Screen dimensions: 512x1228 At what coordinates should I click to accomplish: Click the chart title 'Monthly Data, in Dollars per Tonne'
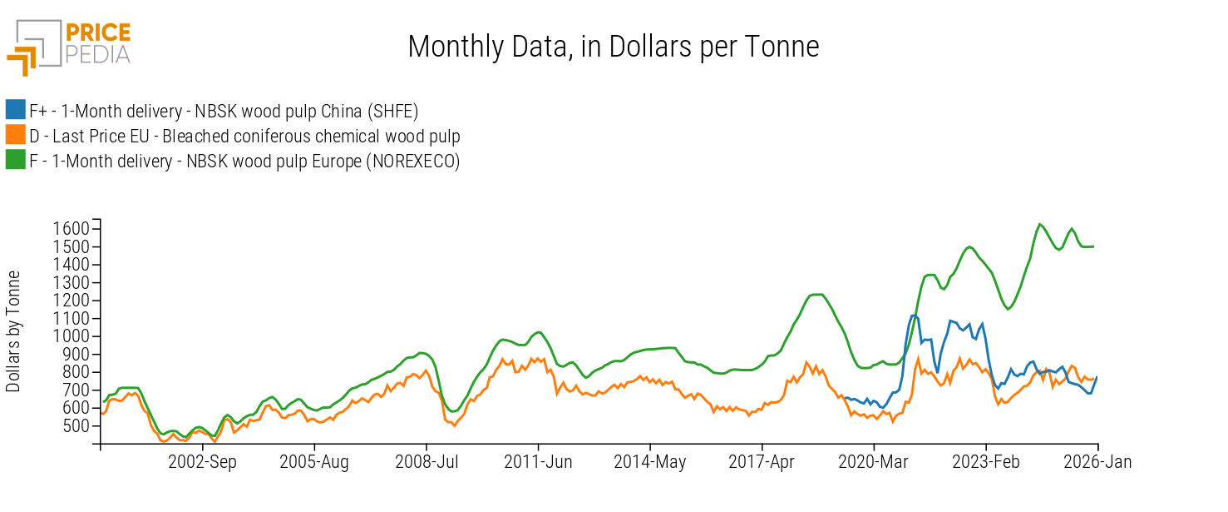pyautogui.click(x=613, y=47)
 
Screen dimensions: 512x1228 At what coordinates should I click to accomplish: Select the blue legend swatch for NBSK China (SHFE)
pyautogui.click(x=15, y=110)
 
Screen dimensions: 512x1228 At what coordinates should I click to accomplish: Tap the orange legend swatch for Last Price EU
pyautogui.click(x=15, y=136)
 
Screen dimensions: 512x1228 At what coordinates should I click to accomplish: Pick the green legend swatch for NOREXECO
pyautogui.click(x=15, y=161)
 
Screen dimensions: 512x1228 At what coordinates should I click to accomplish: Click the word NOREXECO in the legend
pyautogui.click(x=412, y=162)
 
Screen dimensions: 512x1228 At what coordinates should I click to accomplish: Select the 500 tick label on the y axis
pyautogui.click(x=76, y=425)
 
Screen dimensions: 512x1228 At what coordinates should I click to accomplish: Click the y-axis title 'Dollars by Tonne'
pyautogui.click(x=14, y=331)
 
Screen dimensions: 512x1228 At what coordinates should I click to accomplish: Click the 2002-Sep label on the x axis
pyautogui.click(x=203, y=462)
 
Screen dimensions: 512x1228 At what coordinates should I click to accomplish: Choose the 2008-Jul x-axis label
pyautogui.click(x=427, y=462)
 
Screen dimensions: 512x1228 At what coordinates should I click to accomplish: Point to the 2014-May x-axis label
pyautogui.click(x=650, y=462)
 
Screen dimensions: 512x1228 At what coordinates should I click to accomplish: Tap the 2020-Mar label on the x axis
pyautogui.click(x=874, y=462)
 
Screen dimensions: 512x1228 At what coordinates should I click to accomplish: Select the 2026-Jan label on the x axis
pyautogui.click(x=1097, y=462)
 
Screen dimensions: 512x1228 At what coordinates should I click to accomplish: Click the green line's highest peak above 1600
pyautogui.click(x=1039, y=224)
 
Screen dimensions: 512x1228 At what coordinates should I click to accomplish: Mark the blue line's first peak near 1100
pyautogui.click(x=913, y=316)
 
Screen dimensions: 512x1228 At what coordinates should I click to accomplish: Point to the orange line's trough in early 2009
pyautogui.click(x=454, y=425)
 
